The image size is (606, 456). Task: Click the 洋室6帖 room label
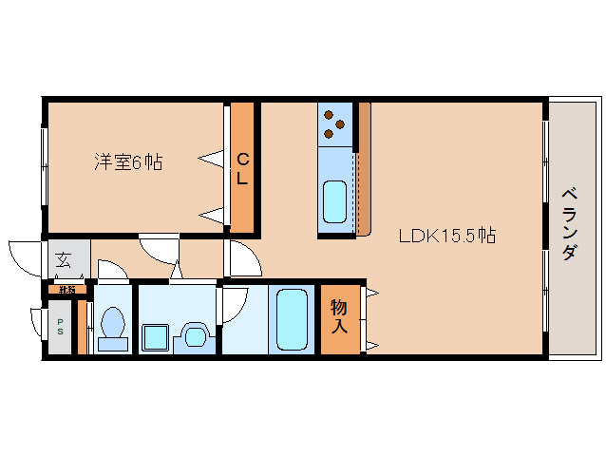point(127,162)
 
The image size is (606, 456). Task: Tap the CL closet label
point(242,167)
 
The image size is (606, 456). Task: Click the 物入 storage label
point(339,316)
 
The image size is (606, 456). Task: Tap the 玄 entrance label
point(63,258)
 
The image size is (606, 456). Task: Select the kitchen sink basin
point(335,200)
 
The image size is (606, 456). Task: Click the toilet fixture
point(113,325)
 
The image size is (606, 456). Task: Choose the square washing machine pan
point(155,337)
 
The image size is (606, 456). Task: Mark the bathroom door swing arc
point(232,306)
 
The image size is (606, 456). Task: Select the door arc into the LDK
point(239,259)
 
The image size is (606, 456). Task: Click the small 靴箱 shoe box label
point(66,289)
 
